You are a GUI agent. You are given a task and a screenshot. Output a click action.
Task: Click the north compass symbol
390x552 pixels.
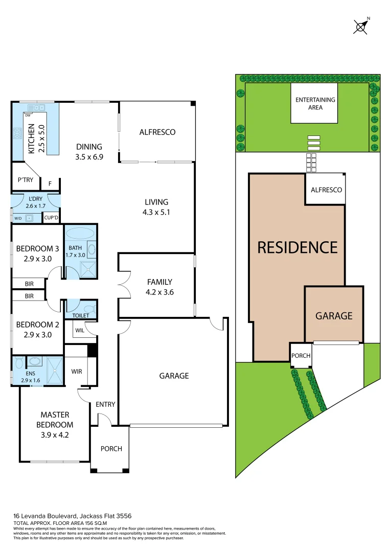click(x=361, y=26)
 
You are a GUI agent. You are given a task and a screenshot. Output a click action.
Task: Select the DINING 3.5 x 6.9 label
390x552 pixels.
click(x=89, y=151)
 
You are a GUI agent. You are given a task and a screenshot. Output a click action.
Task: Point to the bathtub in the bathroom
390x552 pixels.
click(x=80, y=234)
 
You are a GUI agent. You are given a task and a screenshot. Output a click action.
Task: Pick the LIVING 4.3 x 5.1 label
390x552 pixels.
click(x=156, y=207)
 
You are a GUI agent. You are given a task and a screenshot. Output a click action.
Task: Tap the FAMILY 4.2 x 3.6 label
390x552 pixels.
click(x=159, y=287)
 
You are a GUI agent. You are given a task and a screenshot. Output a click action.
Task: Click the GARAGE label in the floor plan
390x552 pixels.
click(x=174, y=376)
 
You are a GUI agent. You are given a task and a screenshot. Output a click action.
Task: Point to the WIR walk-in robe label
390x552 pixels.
click(x=77, y=372)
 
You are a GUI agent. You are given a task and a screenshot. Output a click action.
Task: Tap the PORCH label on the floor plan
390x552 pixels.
click(x=111, y=449)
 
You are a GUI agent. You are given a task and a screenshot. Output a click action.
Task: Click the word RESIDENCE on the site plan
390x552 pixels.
click(x=297, y=247)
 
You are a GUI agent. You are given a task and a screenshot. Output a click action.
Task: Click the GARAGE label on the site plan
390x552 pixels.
click(x=333, y=316)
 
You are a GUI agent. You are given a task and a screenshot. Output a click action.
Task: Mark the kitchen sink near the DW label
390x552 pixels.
click(x=37, y=107)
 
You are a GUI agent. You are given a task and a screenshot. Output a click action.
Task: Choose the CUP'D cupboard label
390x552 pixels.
click(x=51, y=218)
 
